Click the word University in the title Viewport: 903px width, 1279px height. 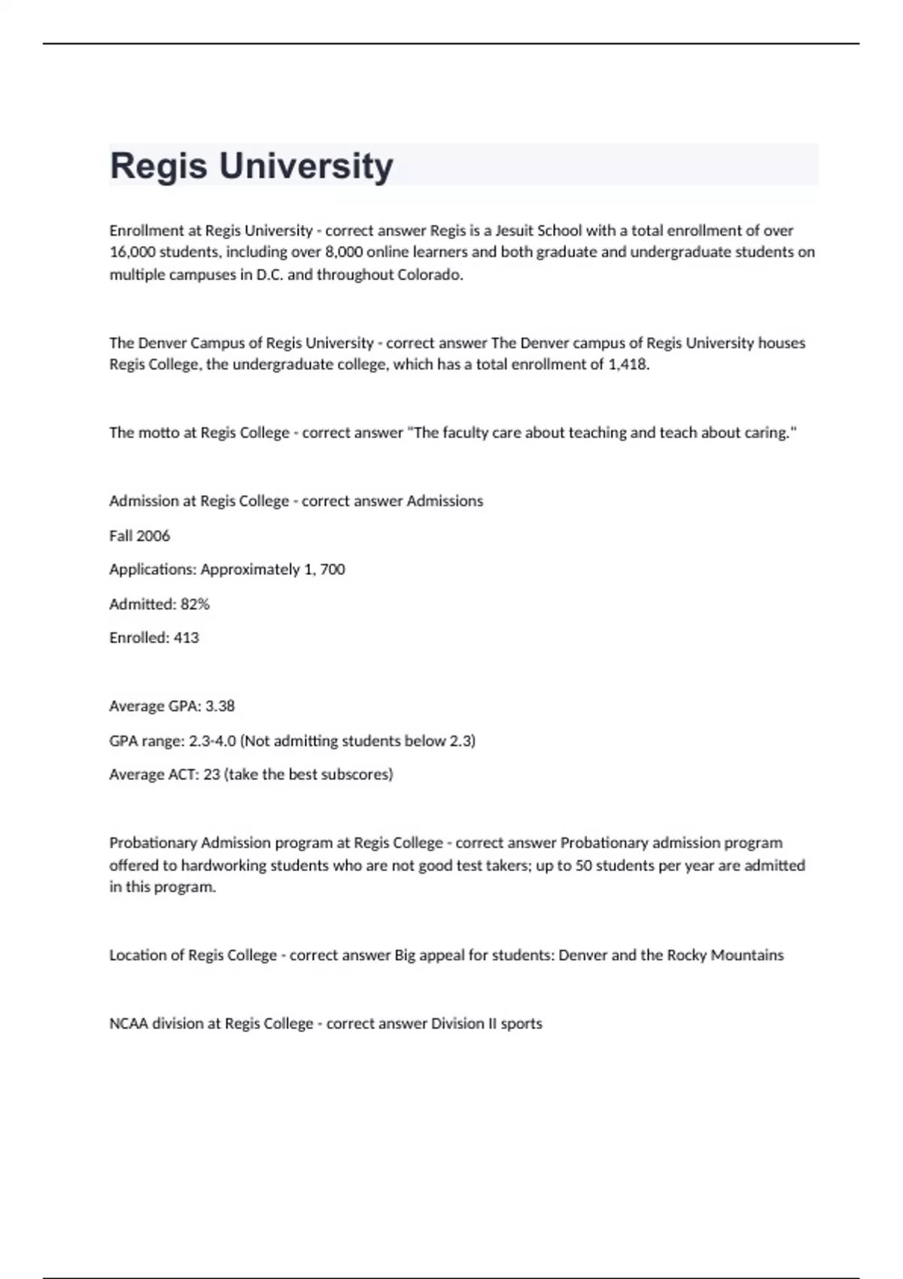pyautogui.click(x=306, y=166)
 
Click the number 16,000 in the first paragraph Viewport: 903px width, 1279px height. pyautogui.click(x=132, y=252)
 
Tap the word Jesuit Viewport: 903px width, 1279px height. pyautogui.click(x=513, y=230)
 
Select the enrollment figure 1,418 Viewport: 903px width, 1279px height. pyautogui.click(x=628, y=365)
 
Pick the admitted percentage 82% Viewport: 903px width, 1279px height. pyautogui.click(x=195, y=604)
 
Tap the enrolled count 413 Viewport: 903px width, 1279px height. pyautogui.click(x=186, y=638)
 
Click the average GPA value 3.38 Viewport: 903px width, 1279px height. pyautogui.click(x=220, y=706)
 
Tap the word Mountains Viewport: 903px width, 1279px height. pyautogui.click(x=747, y=955)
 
